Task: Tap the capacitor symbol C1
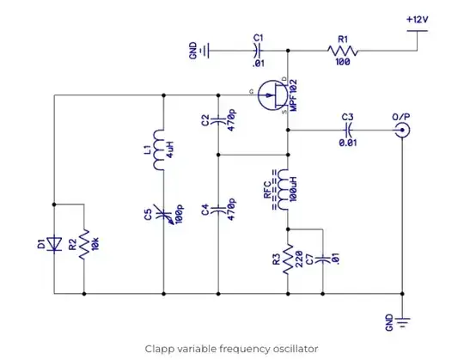tap(258, 52)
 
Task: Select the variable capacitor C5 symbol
tap(162, 214)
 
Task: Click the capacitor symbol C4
tap(220, 210)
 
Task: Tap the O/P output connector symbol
tap(400, 131)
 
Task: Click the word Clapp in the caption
tap(161, 348)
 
